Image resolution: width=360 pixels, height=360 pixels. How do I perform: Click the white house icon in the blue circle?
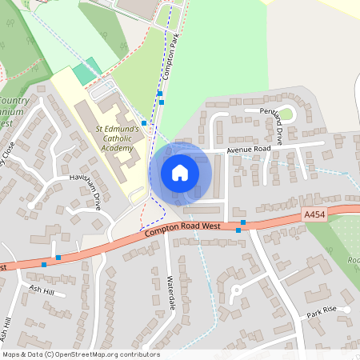click(x=180, y=172)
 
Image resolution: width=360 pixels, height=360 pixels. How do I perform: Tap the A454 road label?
click(x=315, y=214)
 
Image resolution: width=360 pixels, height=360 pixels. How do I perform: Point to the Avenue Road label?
click(x=249, y=150)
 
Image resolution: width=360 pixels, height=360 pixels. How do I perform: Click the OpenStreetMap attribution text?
click(x=81, y=354)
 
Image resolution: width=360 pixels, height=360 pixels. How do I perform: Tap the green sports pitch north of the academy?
click(x=84, y=73)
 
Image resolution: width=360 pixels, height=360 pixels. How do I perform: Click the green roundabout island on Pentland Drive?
click(x=286, y=114)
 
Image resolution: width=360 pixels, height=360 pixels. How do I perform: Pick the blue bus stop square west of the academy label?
click(x=144, y=123)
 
